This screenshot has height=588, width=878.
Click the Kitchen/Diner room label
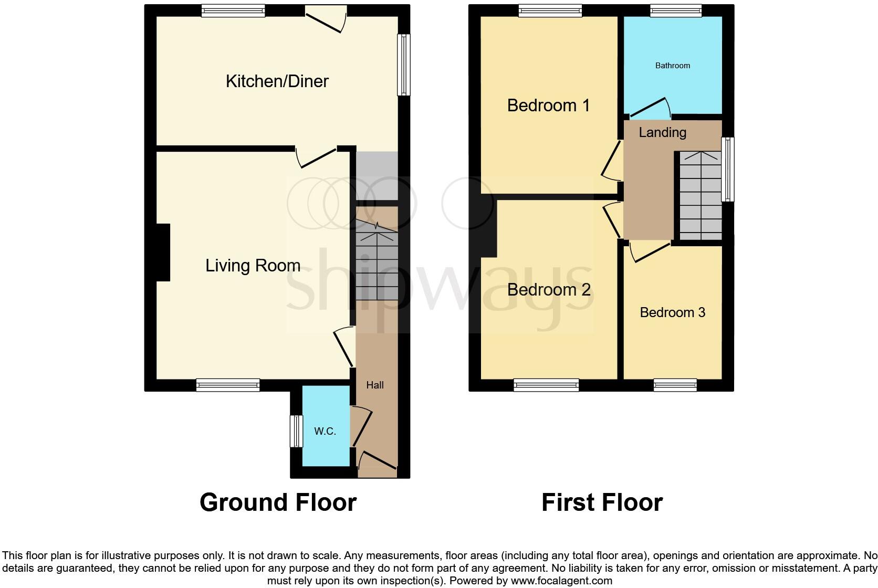pyautogui.click(x=277, y=81)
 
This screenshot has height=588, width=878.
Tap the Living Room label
pyautogui.click(x=253, y=266)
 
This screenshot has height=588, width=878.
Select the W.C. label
pyautogui.click(x=325, y=432)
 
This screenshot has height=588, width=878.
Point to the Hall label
pyautogui.click(x=374, y=385)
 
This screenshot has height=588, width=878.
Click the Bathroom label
pyautogui.click(x=672, y=66)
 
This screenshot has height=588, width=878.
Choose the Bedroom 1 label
pyautogui.click(x=548, y=106)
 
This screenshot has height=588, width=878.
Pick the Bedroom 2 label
pyautogui.click(x=549, y=290)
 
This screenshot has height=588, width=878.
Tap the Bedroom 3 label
pyautogui.click(x=672, y=313)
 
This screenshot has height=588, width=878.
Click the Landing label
pyautogui.click(x=662, y=133)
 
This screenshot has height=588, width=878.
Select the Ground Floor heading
pyautogui.click(x=278, y=502)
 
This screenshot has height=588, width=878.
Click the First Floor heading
pyautogui.click(x=602, y=502)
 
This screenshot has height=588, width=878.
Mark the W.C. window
pyautogui.click(x=297, y=431)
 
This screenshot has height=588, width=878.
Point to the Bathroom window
pyautogui.click(x=675, y=10)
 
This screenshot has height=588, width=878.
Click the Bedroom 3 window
pyautogui.click(x=675, y=385)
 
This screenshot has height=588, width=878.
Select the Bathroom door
pyautogui.click(x=649, y=107)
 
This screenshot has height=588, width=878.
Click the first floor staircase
pyautogui.click(x=701, y=195)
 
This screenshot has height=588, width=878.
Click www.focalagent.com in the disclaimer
pyautogui.click(x=561, y=581)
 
